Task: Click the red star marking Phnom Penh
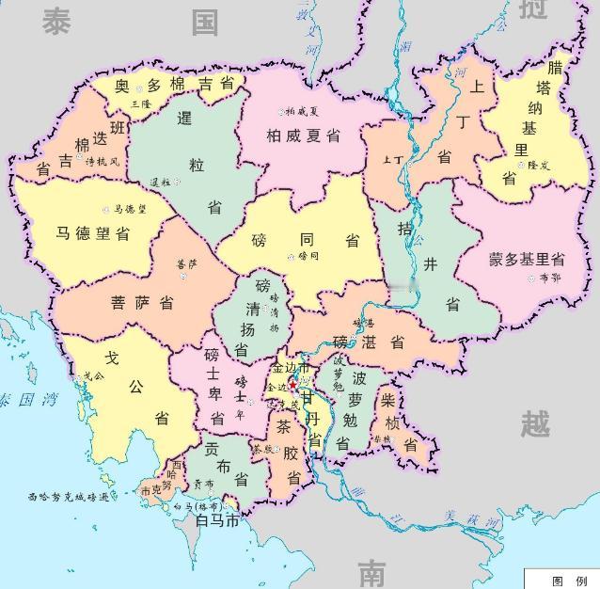click(x=292, y=385)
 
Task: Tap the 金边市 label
click(x=291, y=368)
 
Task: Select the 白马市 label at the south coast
click(x=216, y=519)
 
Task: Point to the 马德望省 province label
click(x=92, y=232)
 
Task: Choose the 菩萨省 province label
click(x=141, y=303)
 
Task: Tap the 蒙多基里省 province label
click(x=527, y=259)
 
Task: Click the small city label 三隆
click(x=141, y=103)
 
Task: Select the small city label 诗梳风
click(x=103, y=162)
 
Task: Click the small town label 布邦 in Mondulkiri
click(x=549, y=279)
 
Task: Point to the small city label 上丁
click(x=392, y=160)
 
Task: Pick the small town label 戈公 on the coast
click(x=94, y=375)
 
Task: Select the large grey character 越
click(x=536, y=425)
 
